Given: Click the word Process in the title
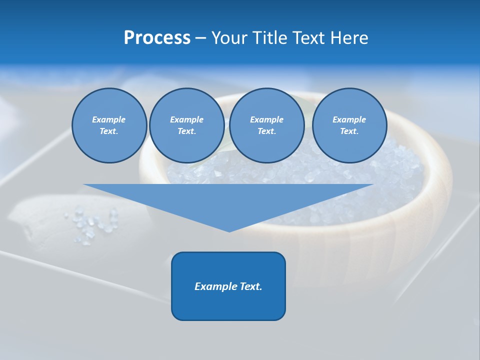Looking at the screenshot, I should coord(157,38).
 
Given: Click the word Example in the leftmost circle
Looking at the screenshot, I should coord(109,119).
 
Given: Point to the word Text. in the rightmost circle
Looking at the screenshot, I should coord(349,131).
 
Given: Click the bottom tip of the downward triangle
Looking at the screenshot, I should coord(229,231).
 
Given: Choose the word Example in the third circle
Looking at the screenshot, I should coord(267,119).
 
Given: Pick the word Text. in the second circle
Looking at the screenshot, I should coord(187,131).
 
